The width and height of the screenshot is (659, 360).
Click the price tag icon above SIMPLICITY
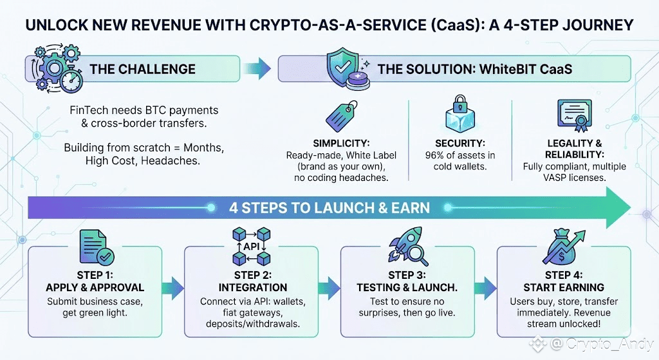[341, 116]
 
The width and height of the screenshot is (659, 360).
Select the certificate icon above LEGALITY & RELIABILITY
[574, 115]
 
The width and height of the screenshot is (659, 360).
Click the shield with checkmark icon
[343, 66]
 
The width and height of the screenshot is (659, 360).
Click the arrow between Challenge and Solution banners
[257, 68]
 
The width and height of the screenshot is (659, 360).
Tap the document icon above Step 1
[97, 247]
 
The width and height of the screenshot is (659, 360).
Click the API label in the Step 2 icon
[252, 246]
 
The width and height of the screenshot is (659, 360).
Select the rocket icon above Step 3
[407, 247]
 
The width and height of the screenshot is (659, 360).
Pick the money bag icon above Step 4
[563, 247]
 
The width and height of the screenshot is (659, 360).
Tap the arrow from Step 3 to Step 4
[485, 288]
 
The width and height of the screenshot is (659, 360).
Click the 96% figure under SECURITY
[434, 155]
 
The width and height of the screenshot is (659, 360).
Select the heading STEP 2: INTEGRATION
[252, 281]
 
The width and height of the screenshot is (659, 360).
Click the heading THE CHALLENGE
[142, 69]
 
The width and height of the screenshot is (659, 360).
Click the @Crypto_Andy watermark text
[602, 344]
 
